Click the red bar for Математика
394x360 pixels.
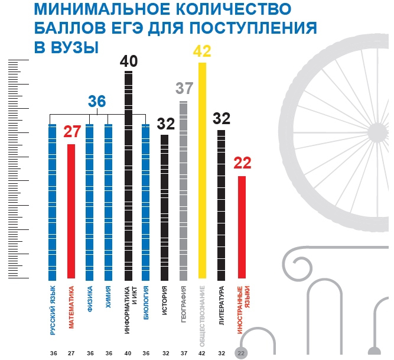point(71,211)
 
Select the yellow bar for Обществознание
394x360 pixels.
point(202,170)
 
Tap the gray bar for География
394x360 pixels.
point(183,190)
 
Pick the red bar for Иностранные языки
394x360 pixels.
point(241,227)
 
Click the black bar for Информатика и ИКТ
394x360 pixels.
point(128,175)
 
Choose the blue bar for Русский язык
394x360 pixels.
point(52,202)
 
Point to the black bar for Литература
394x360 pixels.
point(221,205)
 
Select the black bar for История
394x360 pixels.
point(165,207)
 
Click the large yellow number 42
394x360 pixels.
point(202,51)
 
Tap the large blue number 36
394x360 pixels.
point(97,102)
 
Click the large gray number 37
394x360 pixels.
point(184,89)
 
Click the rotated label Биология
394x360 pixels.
point(146,302)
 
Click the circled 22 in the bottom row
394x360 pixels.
point(241,353)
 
